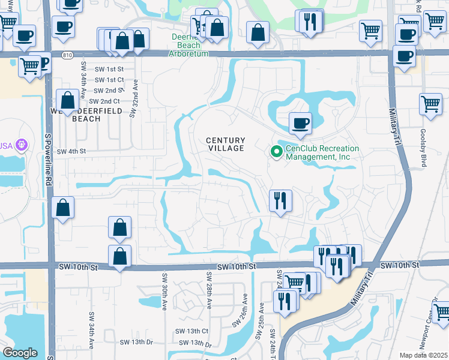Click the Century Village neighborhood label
(226, 144)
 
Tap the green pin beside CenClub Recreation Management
(276, 152)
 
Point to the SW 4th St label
(71, 152)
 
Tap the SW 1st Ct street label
(109, 79)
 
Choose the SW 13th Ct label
(191, 331)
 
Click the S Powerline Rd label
(48, 153)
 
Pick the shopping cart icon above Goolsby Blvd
(431, 104)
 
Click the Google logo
(20, 353)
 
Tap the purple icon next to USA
(22, 145)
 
